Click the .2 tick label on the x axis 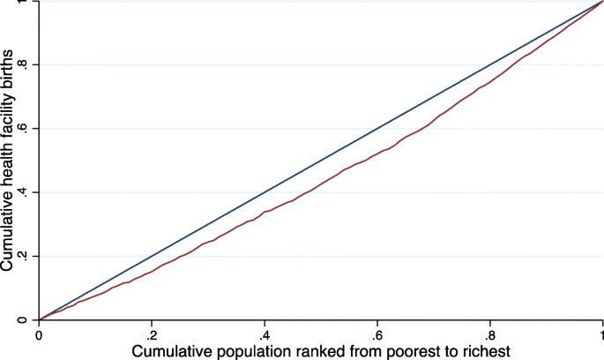click(151, 336)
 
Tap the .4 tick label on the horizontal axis click(264, 336)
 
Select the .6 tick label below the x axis click(377, 336)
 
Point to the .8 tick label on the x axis click(489, 336)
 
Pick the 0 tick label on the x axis click(39, 336)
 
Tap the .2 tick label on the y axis click(26, 256)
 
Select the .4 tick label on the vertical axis click(26, 192)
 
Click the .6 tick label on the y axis click(26, 129)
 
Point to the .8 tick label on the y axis click(26, 65)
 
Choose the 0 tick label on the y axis click(26, 319)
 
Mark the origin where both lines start click(39, 319)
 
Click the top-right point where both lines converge click(602, 2)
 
